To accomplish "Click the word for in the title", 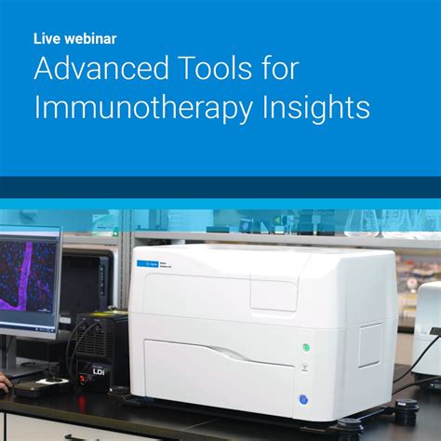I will [298, 70].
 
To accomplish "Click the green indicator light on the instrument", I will [304, 348].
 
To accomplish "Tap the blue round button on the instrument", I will [303, 400].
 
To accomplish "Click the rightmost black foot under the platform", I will [406, 409].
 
